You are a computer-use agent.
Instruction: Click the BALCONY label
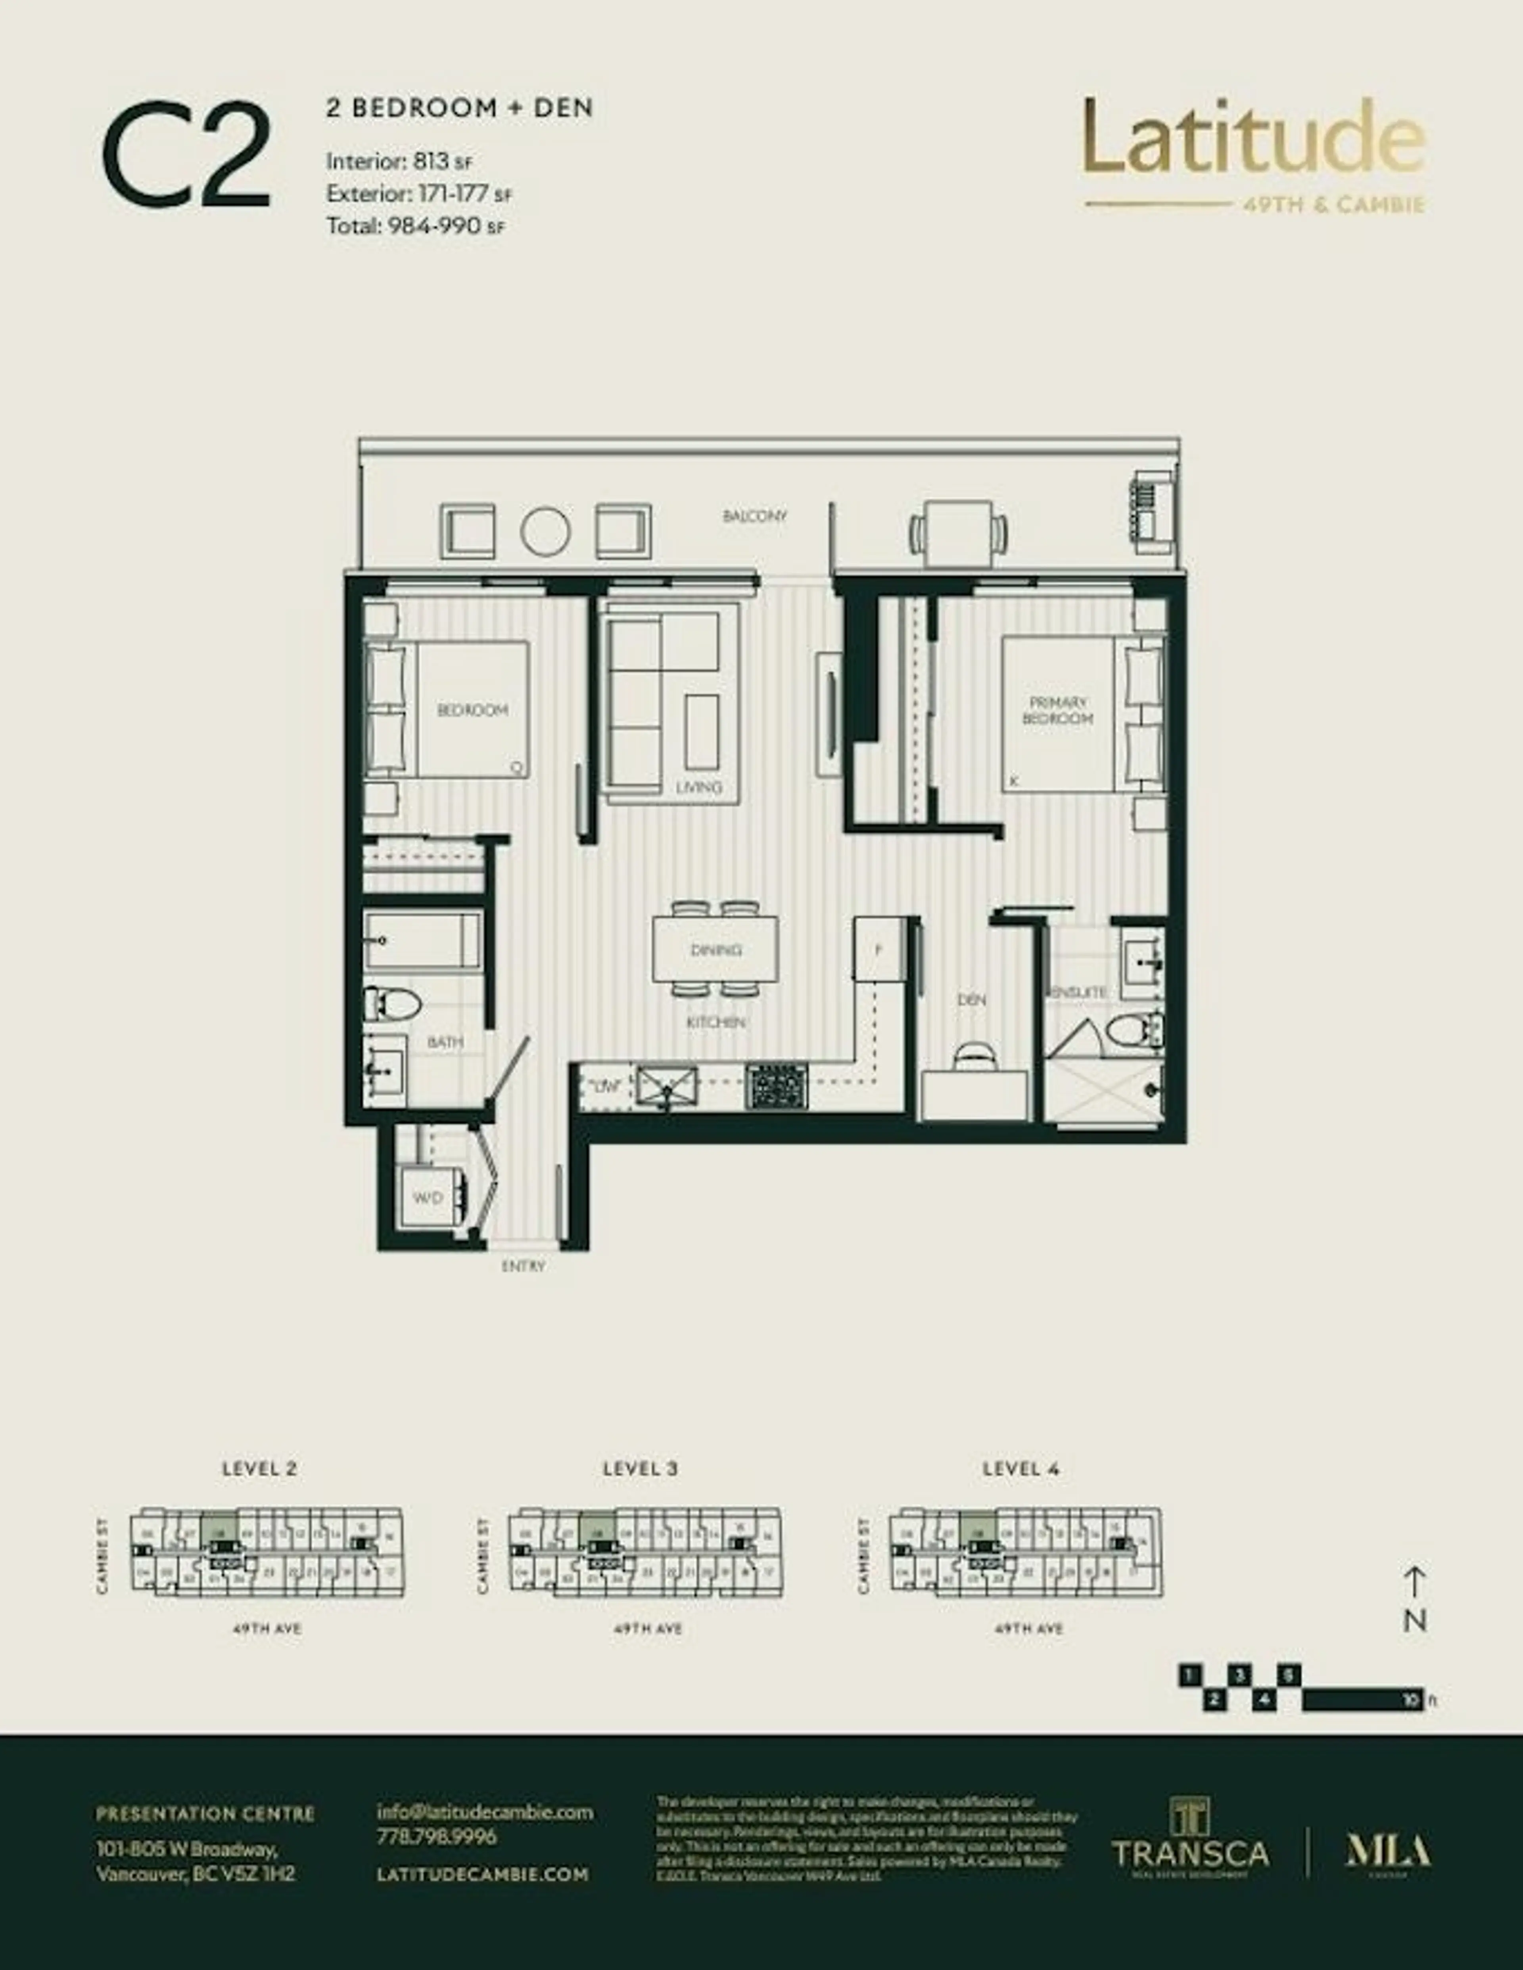754,517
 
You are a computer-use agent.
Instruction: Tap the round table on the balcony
545,532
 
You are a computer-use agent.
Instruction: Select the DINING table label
715,950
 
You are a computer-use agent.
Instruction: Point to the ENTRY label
523,1266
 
